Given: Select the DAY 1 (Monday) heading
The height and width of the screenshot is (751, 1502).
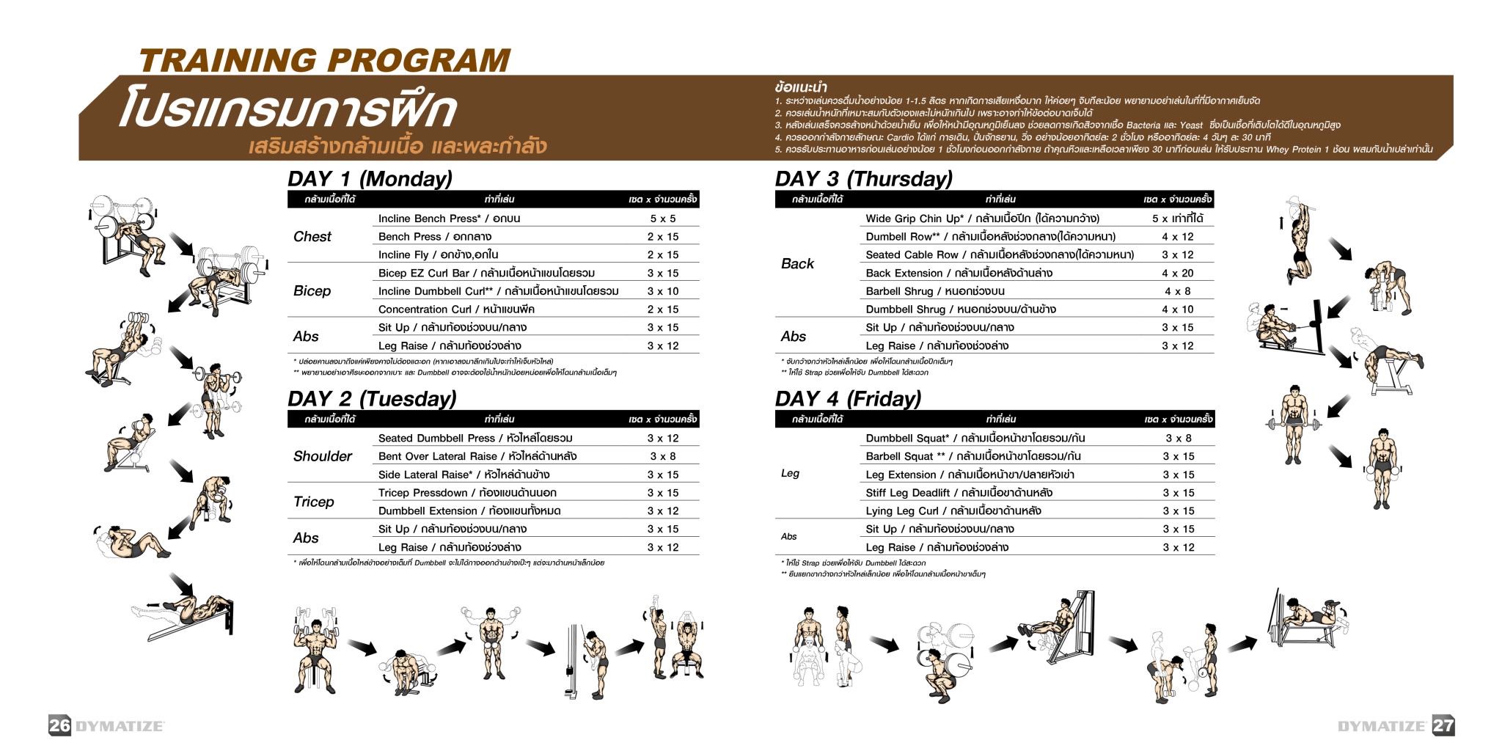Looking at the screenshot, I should point(370,179).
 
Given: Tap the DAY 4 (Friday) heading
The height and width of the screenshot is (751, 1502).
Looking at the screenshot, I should point(848,399).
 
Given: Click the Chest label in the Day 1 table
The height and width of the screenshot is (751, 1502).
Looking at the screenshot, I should point(312,236).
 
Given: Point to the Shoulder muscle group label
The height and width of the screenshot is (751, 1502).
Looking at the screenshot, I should point(322,456).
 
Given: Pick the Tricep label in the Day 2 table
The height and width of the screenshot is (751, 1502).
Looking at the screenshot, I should point(313,502).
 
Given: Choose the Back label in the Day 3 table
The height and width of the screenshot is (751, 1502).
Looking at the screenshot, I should point(797,263).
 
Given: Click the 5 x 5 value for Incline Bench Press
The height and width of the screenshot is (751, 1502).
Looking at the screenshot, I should point(662,219).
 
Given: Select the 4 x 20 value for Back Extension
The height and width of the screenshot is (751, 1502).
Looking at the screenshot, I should point(1177,273).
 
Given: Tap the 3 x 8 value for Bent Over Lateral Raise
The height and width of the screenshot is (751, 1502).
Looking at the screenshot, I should point(662,456).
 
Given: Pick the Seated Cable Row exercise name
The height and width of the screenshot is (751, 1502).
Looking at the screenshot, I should point(912,254).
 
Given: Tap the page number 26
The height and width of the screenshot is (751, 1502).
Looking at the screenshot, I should point(59,725).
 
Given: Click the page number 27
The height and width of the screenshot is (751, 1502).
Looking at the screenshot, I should point(1443,725).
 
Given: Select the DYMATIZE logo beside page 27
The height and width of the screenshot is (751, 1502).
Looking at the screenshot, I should point(1381,726).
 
